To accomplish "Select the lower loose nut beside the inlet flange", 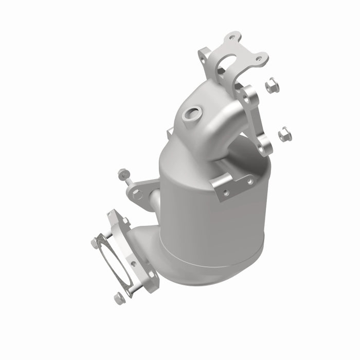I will coord(283,135).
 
